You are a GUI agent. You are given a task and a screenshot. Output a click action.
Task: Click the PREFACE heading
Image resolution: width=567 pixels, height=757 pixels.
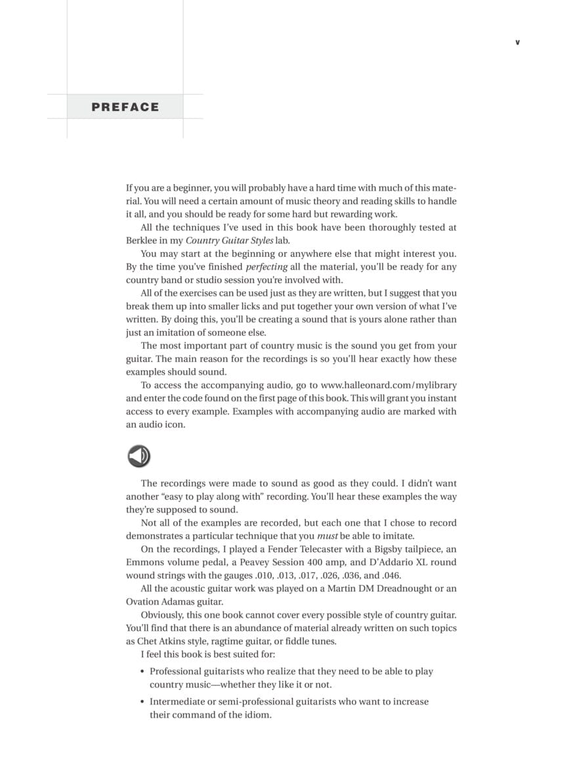tap(125, 107)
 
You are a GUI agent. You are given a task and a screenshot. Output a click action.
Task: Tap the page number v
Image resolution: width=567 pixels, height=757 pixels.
tap(517, 42)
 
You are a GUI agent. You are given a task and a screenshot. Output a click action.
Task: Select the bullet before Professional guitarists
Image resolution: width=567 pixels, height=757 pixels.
tap(143, 672)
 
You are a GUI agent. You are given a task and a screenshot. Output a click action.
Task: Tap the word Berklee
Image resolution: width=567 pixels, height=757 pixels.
tap(142, 241)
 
